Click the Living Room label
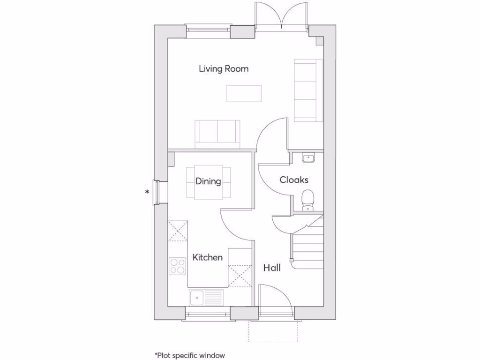(224, 69)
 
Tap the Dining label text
(208, 181)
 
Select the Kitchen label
(208, 257)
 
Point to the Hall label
(272, 268)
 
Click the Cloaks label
(294, 180)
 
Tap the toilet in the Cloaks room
(308, 199)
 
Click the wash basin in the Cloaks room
(308, 158)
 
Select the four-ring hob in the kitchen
(178, 266)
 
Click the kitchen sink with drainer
(207, 297)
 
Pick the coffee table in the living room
(244, 93)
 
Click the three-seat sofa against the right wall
(308, 90)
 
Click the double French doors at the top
(281, 16)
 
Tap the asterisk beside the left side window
(147, 192)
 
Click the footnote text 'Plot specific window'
(186, 355)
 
